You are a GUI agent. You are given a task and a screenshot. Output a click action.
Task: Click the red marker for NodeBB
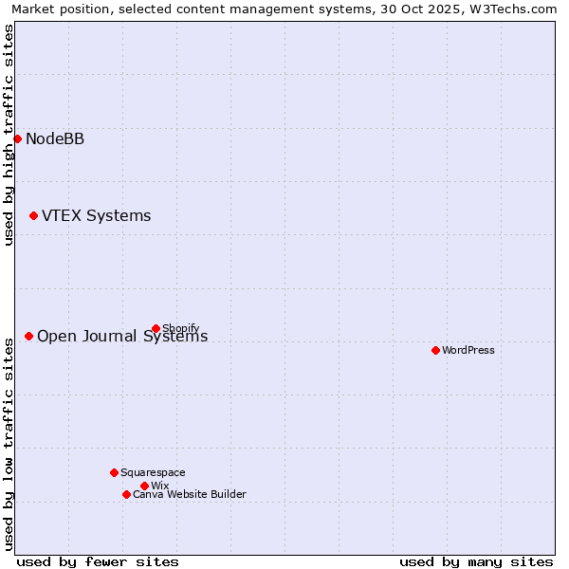click(x=17, y=138)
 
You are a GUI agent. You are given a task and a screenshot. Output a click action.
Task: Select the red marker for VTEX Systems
click(x=33, y=215)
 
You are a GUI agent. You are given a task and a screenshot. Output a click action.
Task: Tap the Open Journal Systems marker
click(x=28, y=336)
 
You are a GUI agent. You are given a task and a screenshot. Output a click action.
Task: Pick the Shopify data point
click(x=156, y=328)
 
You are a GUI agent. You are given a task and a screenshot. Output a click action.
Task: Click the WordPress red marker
click(x=435, y=350)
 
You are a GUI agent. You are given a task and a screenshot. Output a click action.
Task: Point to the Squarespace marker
click(x=114, y=472)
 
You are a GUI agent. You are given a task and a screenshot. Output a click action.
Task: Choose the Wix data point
click(x=144, y=486)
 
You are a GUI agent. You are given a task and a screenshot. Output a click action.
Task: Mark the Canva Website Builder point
click(x=126, y=494)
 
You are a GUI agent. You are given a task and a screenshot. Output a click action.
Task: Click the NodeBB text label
click(x=55, y=139)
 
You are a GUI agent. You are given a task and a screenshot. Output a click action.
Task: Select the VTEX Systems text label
click(x=96, y=216)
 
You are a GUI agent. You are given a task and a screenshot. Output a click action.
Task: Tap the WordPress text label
click(x=468, y=350)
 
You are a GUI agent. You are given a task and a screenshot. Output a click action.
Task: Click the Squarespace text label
click(x=153, y=472)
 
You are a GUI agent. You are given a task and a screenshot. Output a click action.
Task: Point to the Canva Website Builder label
click(x=190, y=494)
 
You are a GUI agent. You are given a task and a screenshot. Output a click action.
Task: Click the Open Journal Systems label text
click(x=121, y=337)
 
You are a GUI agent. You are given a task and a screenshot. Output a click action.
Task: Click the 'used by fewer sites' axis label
click(x=98, y=561)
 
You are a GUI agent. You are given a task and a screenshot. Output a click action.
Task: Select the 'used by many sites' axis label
click(x=476, y=561)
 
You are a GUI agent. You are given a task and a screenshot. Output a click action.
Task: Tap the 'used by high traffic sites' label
click(x=9, y=135)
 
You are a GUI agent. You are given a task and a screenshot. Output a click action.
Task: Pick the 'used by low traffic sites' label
click(x=9, y=442)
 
